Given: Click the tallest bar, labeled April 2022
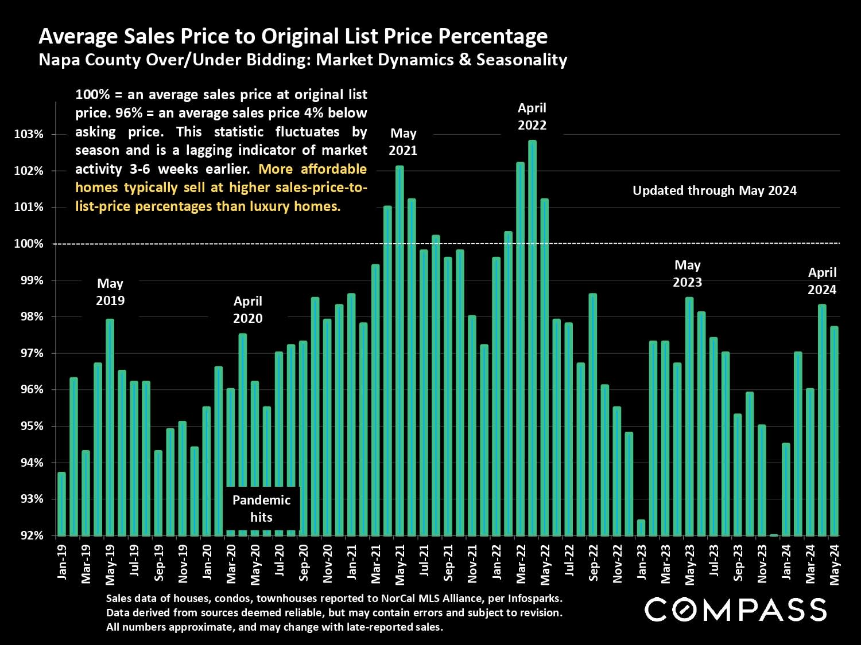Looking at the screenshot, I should tap(532, 338).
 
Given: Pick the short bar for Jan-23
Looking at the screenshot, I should tap(641, 527).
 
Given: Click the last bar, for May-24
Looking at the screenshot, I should tap(834, 431).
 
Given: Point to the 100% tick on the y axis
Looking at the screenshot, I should tap(28, 244).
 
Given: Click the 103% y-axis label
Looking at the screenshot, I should tap(28, 134).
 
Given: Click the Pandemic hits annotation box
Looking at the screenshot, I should tap(261, 509).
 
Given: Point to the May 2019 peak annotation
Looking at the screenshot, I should tap(110, 292).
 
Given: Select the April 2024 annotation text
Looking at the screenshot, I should tap(822, 281).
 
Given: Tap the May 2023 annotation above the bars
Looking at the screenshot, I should tap(687, 273).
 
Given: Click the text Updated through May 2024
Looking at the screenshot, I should tap(715, 190).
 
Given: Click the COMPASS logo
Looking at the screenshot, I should tap(736, 609).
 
